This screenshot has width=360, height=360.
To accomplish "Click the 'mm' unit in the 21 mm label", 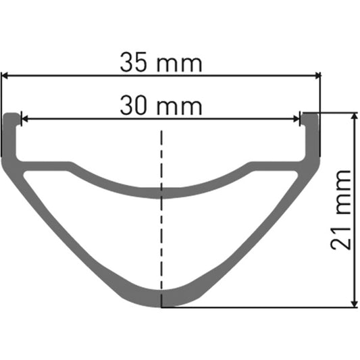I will point(342,195).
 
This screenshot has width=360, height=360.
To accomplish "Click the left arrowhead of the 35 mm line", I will point(5,76).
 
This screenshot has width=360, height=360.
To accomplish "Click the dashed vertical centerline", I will point(161,216).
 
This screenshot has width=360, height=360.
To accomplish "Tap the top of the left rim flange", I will point(12,115).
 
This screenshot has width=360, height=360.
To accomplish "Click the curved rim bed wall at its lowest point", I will point(162,194).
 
